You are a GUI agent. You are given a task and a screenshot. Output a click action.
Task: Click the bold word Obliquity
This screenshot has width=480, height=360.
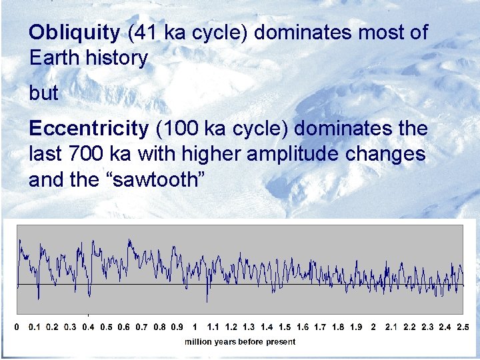75,33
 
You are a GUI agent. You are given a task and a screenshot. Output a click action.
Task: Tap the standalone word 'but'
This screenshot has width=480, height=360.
44,93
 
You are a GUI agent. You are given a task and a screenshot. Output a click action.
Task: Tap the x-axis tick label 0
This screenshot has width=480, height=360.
17,327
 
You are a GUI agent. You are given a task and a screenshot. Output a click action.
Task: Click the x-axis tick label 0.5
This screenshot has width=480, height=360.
105,327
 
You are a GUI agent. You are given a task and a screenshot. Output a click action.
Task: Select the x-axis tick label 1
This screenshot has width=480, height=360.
194,327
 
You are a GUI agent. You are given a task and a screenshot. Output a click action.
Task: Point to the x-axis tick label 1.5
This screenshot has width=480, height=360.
284,327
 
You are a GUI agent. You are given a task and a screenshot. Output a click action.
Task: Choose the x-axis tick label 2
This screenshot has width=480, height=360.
373,327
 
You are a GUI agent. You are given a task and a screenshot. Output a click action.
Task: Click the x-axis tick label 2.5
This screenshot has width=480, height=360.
462,327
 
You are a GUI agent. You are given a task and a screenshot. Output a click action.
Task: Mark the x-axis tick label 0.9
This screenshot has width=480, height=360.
177,327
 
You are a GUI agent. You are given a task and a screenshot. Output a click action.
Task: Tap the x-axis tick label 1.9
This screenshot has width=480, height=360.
355,327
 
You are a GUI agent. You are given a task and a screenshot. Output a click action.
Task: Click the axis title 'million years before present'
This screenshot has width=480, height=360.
240,341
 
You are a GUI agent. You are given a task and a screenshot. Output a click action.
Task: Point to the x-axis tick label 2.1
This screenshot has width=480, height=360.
391,327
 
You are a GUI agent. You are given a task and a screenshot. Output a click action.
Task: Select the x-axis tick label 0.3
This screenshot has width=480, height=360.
70,327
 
